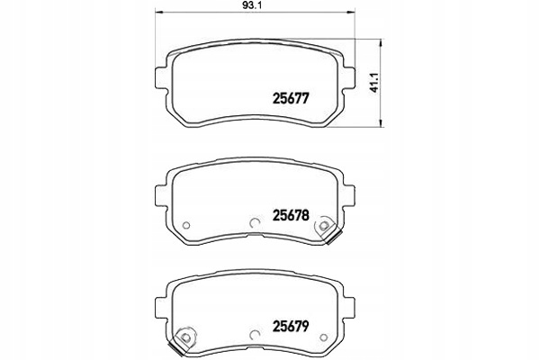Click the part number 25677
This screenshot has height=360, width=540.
[x=291, y=102]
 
